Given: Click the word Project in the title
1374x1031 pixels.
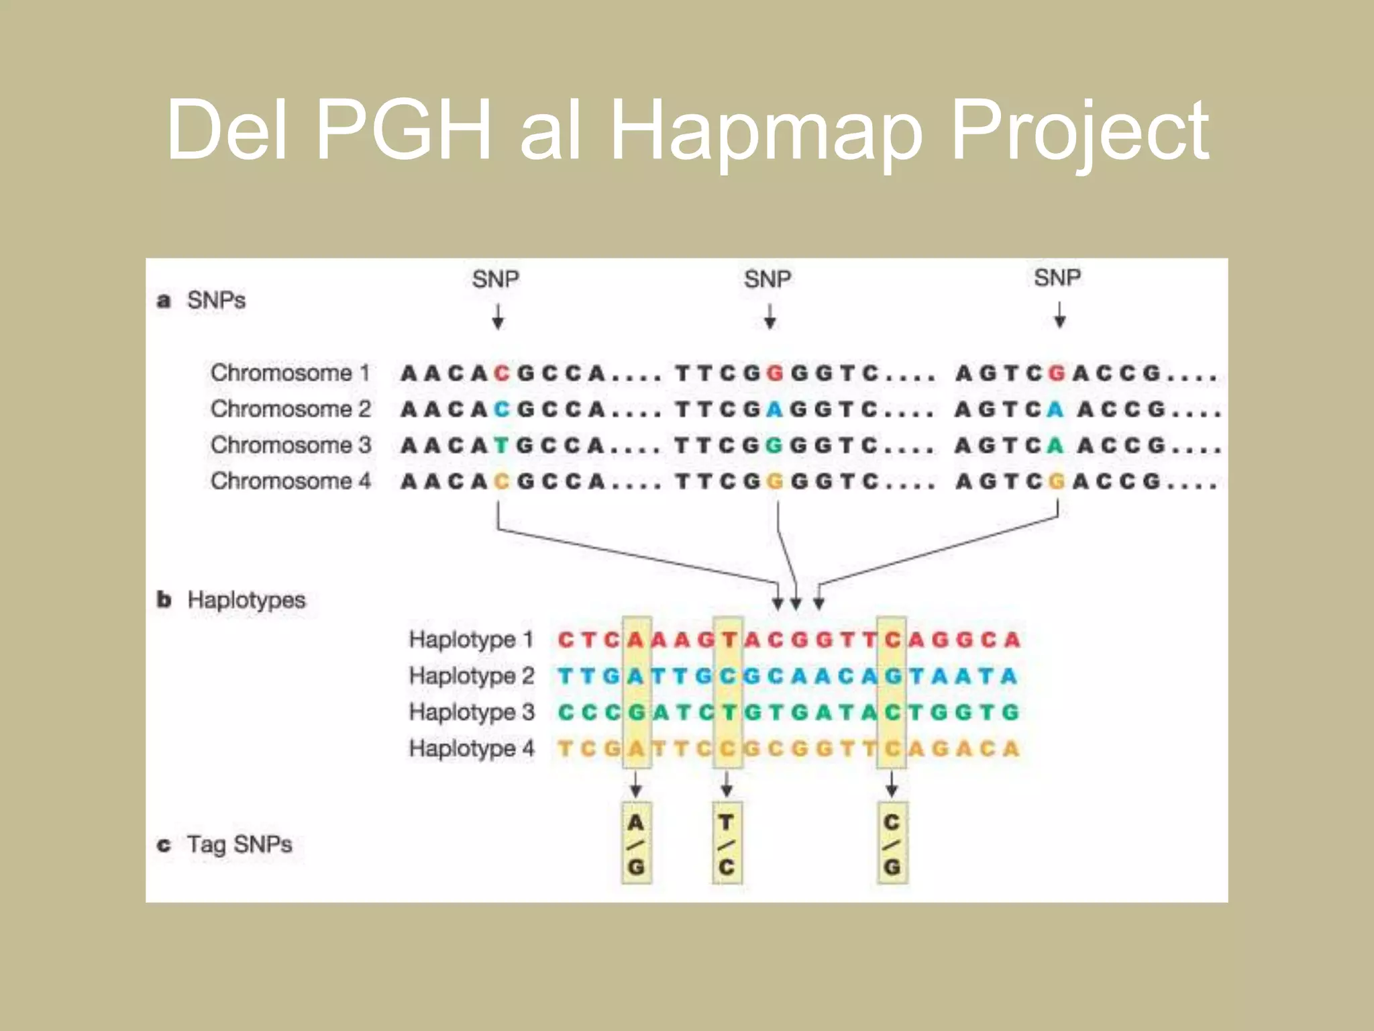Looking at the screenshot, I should coord(1079,131).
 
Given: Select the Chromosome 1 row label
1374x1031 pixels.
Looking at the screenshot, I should coord(290,373).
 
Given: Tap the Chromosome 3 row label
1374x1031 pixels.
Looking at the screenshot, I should coord(290,445).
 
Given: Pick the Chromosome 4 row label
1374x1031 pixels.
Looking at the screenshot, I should coord(290,481).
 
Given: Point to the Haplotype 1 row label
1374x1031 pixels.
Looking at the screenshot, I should coord(471,640).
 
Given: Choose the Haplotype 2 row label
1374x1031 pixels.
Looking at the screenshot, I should coord(471,676).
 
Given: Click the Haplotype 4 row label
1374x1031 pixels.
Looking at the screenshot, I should coord(471,748).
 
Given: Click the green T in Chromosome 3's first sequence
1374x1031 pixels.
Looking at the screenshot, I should coord(501,446).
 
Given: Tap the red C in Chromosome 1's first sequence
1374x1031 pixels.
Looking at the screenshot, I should coord(501,373).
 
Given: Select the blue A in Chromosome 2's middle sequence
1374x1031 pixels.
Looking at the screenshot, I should coord(775,409).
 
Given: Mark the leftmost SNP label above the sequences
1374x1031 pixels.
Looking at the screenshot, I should coord(496,279).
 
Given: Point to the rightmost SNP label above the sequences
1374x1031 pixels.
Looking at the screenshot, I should coord(1057,278).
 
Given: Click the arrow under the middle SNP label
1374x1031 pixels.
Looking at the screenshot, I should coord(770,316).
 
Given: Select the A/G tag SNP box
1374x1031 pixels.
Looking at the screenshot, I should coord(636,844).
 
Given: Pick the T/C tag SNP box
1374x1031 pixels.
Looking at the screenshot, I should coord(727,844).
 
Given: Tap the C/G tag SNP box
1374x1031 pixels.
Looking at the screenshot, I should coord(892,844).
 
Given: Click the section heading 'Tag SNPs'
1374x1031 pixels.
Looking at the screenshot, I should coord(239,844).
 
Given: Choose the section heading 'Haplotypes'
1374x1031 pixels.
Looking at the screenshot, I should coord(246,599).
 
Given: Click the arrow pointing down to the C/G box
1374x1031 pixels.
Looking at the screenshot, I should coord(892,784).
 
